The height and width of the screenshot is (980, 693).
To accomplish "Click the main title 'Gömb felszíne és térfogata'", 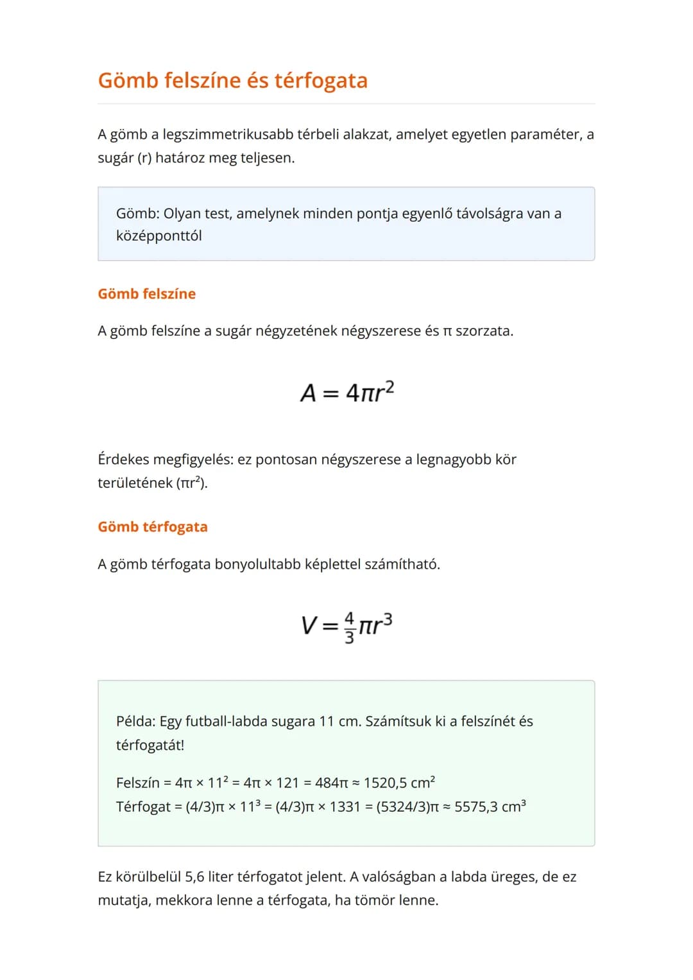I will [232, 81].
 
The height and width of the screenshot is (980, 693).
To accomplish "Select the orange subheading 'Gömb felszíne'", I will [146, 294].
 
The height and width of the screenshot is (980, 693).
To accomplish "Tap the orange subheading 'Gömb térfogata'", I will [153, 527].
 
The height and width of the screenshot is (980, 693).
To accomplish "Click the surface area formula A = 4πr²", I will [346, 391].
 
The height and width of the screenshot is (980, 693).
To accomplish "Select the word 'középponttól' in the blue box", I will [158, 236].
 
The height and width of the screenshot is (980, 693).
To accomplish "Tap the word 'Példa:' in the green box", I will [135, 721].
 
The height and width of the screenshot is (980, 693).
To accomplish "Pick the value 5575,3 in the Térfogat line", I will [475, 807].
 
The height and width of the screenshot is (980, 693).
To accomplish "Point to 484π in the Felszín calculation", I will [331, 783].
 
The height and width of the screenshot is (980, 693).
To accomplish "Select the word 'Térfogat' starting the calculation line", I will [143, 807].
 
